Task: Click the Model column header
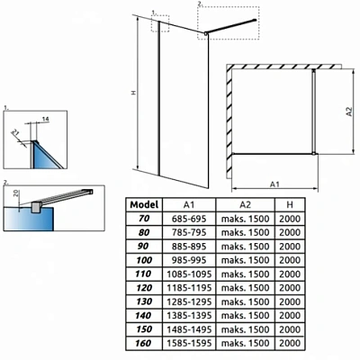(x=144, y=205)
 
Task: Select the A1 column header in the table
(x=189, y=205)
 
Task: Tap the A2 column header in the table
(x=245, y=205)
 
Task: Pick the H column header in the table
(x=290, y=205)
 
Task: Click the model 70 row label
(x=144, y=219)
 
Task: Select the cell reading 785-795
(x=189, y=232)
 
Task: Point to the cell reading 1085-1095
(x=189, y=274)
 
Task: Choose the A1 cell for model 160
(x=189, y=343)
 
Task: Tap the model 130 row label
(x=144, y=301)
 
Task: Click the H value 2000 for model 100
(x=290, y=260)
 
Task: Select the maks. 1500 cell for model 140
(x=245, y=315)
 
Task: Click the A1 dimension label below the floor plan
(x=274, y=184)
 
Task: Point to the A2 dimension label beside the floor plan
(x=349, y=112)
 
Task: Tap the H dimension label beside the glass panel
(x=134, y=93)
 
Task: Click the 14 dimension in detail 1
(x=45, y=119)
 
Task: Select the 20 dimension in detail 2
(x=16, y=193)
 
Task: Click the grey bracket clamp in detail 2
(x=36, y=207)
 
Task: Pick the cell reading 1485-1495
(x=189, y=329)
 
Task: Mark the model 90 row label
(x=144, y=247)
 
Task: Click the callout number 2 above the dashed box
(x=200, y=4)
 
